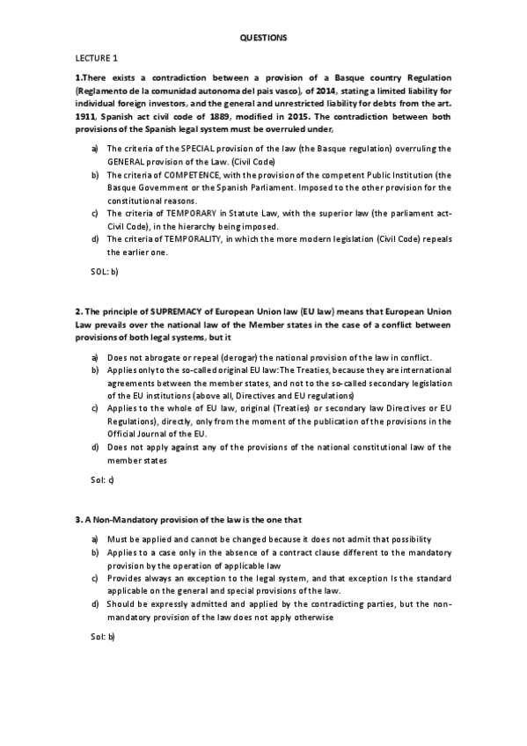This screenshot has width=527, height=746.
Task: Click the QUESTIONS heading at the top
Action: pos(263,38)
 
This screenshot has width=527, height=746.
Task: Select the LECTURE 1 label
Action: pos(96,59)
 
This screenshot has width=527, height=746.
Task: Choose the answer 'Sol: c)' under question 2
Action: pos(103,479)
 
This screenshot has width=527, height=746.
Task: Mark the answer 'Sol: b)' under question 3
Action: pos(103,636)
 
